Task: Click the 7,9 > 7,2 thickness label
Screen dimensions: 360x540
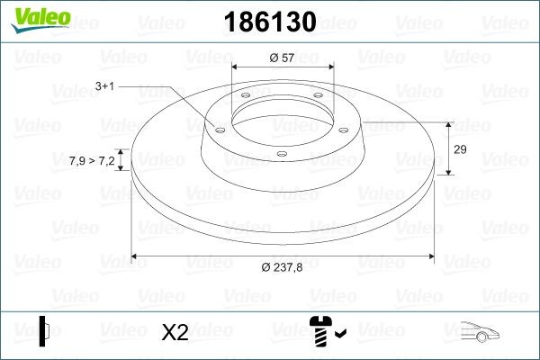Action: tap(92, 160)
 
